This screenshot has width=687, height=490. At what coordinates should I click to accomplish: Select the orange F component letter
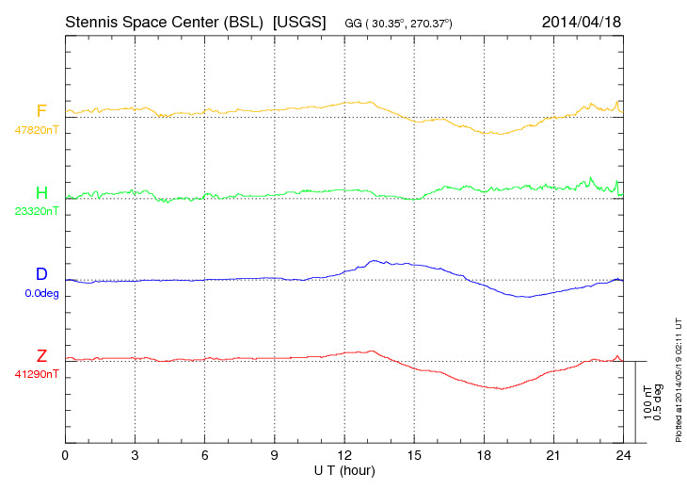pos(41,112)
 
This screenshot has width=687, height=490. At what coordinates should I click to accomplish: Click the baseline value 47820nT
pos(36,130)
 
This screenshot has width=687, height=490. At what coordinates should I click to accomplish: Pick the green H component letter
pos(41,193)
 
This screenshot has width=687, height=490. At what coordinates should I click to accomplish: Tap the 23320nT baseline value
pos(36,211)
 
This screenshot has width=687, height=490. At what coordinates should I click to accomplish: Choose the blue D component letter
pos(41,275)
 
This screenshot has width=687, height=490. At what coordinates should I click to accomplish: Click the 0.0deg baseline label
pos(40,293)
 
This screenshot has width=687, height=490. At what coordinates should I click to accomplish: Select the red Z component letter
pos(41,356)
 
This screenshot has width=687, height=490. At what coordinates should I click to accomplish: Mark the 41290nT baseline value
pos(36,374)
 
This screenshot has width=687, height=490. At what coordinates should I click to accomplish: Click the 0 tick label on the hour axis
pos(65,455)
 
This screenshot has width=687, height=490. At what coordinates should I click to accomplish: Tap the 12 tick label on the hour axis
pos(344,455)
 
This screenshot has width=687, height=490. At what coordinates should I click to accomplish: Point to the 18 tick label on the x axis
pos(484,455)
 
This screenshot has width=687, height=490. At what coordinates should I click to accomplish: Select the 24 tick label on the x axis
pos(623,455)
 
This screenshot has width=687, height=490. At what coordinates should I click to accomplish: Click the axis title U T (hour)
pos(344,469)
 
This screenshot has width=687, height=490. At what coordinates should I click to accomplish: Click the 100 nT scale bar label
pos(648,402)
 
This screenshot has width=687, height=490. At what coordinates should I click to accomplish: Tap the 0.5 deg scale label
pos(659,402)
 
